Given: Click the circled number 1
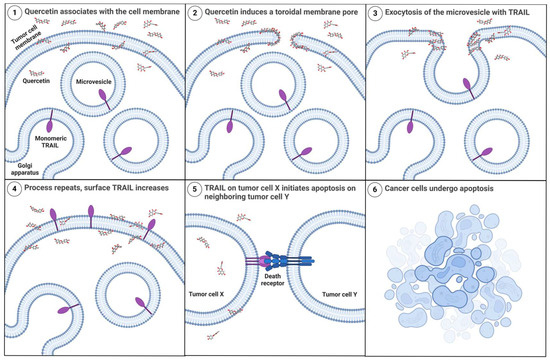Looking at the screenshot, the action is point(14,13).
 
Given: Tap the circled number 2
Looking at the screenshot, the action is point(195,13).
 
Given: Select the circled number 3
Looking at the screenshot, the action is point(375,13).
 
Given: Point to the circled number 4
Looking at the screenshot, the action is point(14,189).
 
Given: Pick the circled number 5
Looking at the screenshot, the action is point(195,189).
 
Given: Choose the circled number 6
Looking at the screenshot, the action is point(375,189).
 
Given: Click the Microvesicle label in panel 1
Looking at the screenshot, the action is point(94,82).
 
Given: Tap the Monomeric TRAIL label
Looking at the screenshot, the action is point(51,142).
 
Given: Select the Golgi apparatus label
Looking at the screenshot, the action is point(25,169).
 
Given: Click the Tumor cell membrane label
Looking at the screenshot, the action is point(26,40).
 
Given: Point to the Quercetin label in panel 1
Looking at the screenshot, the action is point(36,81).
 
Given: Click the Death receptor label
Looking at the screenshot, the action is point(273,279).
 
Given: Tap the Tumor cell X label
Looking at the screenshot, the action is point(206,294).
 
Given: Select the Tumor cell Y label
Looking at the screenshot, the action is point(340,294).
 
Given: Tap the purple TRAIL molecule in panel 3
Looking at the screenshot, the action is point(470,88).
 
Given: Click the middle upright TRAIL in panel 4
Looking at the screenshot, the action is point(91,216).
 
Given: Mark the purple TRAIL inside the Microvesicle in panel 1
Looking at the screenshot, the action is point(104,99).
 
